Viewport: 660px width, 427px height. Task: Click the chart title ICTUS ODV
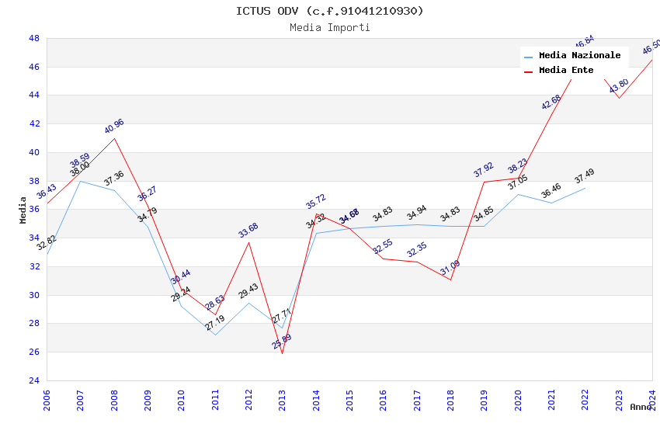(x=330, y=11)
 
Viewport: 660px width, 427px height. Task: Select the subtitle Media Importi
(x=330, y=28)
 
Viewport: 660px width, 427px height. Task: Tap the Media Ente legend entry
(x=566, y=71)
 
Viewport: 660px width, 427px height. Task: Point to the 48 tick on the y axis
(x=34, y=38)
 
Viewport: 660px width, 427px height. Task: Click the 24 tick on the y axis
(x=34, y=380)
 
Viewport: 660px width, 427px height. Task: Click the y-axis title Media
(x=23, y=210)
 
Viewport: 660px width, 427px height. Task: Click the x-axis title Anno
(x=641, y=407)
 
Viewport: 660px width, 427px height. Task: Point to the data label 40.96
(x=114, y=127)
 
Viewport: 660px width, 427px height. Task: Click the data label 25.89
(x=282, y=342)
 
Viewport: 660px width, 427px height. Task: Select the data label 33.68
(x=248, y=231)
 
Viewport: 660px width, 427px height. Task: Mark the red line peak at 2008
(x=114, y=138)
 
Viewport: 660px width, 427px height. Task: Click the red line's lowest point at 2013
(x=282, y=353)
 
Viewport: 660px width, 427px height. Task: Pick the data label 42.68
(x=551, y=102)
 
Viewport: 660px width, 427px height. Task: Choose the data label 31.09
(x=450, y=268)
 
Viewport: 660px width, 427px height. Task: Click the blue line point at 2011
(x=215, y=335)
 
